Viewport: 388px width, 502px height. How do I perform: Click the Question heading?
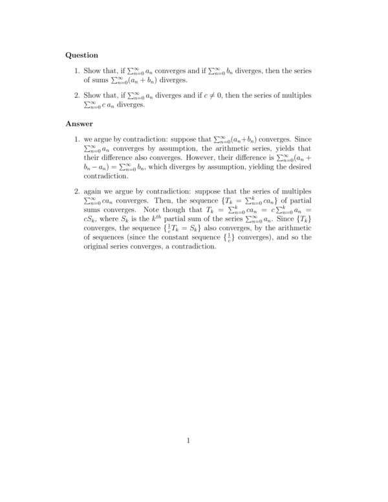coord(82,55)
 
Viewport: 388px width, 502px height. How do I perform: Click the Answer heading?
coord(80,123)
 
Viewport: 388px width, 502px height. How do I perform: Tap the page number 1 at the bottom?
coord(188,442)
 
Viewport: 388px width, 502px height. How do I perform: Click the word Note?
coord(160,210)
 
